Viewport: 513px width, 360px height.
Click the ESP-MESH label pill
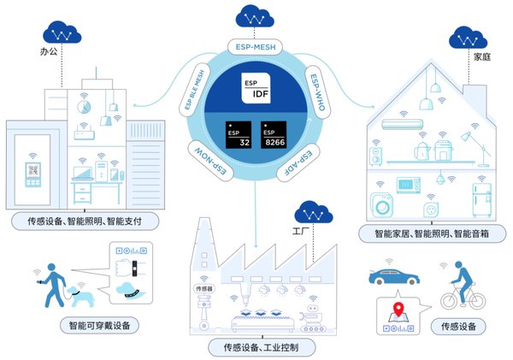click(255, 47)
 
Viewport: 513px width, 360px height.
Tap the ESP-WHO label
click(317, 92)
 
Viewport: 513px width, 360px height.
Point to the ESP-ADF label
click(298, 162)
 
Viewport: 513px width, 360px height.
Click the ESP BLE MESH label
click(194, 90)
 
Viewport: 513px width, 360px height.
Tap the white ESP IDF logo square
click(256, 88)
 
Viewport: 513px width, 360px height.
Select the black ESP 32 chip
click(239, 135)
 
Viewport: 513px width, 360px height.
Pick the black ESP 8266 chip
click(274, 135)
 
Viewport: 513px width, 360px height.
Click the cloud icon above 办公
click(62, 32)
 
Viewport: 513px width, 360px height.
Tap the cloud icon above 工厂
click(314, 212)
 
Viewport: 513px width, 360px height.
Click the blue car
click(394, 277)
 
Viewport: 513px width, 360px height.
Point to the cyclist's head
click(458, 264)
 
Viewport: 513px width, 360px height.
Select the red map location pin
click(398, 309)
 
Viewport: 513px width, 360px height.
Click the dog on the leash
click(80, 295)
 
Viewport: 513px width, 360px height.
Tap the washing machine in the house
click(382, 205)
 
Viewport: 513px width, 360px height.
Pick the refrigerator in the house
click(482, 200)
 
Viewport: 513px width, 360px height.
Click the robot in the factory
click(312, 318)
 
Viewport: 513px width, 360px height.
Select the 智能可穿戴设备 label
click(100, 325)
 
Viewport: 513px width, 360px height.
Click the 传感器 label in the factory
click(204, 288)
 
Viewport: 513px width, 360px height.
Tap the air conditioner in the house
click(402, 124)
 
